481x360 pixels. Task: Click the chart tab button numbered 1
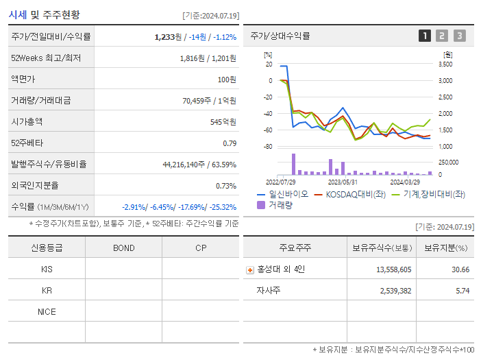425,36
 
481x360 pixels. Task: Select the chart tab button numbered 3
459,36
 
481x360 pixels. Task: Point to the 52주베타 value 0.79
230,143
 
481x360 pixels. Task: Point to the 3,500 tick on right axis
445,64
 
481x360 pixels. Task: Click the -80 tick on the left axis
269,147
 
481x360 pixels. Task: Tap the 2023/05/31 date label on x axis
343,182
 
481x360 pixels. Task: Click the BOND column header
123,248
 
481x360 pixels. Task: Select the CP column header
200,248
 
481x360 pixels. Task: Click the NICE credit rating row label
47,312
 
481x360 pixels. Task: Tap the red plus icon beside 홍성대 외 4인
250,270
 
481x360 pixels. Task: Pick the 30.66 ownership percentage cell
460,269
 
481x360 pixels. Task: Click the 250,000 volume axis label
449,163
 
